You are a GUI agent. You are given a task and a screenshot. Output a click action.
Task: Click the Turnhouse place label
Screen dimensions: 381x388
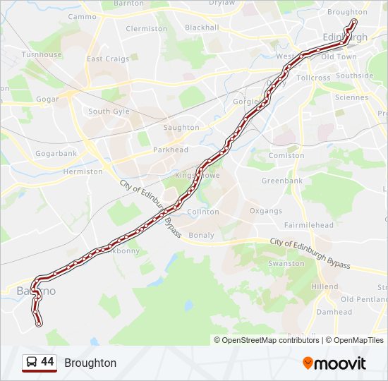coord(42,54)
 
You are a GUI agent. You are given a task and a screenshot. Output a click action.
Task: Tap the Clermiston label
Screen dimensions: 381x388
coord(146,29)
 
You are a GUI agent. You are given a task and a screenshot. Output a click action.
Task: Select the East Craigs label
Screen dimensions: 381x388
coord(108,59)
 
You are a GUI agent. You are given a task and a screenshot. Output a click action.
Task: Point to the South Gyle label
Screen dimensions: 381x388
coord(109,111)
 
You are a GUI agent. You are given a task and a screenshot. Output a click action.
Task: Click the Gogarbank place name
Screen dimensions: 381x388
coord(56,153)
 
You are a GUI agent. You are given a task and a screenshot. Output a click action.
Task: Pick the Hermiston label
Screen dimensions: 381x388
coord(83,171)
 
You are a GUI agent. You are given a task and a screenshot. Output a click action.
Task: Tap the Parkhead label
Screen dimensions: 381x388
coord(171,150)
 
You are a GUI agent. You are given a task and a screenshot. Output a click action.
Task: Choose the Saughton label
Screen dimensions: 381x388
coord(181,128)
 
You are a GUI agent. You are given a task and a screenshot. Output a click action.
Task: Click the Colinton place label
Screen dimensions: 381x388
coord(203,212)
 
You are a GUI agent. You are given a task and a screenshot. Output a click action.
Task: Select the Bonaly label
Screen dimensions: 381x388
coord(201,235)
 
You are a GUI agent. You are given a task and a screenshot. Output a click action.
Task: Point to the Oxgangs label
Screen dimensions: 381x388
coord(265,211)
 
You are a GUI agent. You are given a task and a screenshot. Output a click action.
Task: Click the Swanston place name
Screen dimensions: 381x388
coord(286,263)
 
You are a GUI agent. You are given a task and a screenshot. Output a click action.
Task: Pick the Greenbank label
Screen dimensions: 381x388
coord(282,181)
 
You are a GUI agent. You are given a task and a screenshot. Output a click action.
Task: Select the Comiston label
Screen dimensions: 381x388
coord(286,155)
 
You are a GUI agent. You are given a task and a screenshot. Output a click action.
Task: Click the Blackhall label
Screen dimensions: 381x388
coord(202,28)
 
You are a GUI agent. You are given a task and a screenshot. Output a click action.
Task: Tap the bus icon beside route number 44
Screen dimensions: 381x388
coord(31,363)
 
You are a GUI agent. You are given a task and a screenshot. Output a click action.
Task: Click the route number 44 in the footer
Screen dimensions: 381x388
coord(48,362)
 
